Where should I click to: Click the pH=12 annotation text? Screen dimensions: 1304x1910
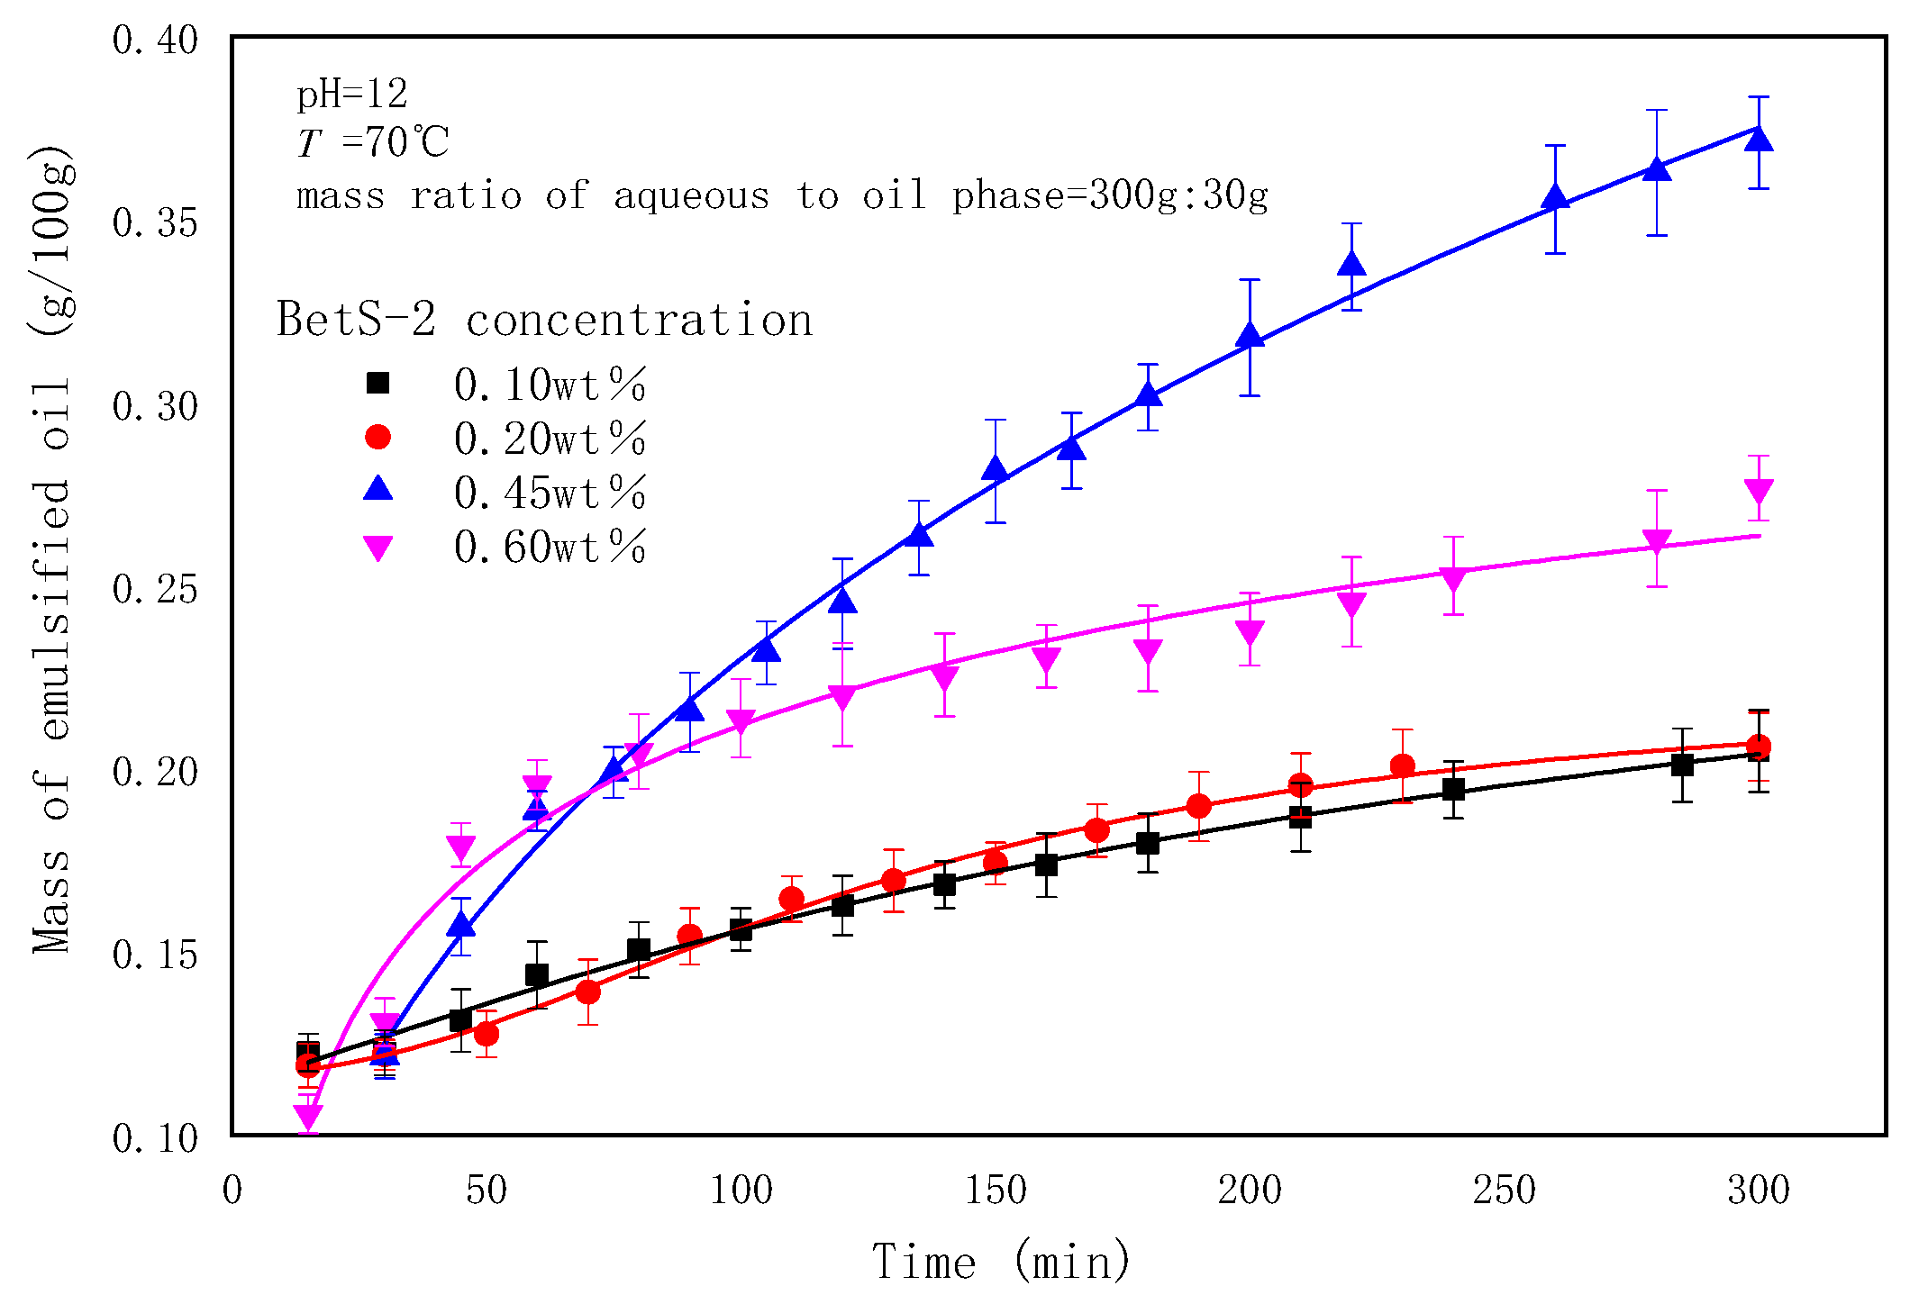click(352, 94)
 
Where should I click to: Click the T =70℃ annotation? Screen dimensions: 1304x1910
click(373, 142)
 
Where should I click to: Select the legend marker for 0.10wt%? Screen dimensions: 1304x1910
click(377, 383)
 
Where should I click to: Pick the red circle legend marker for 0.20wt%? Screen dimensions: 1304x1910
click(377, 437)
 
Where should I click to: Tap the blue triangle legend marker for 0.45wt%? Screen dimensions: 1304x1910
click(377, 489)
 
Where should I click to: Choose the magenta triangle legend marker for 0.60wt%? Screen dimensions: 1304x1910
click(377, 548)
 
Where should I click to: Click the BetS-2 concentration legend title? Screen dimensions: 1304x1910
click(544, 320)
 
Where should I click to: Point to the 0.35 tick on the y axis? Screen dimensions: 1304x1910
click(155, 223)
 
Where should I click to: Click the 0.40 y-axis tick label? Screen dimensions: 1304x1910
click(155, 41)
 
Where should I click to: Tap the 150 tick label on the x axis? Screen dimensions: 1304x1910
click(995, 1191)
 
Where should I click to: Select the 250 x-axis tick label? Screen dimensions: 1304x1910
click(1504, 1191)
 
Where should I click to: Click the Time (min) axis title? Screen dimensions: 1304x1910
click(1001, 1261)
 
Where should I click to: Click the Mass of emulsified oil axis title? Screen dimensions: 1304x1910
click(52, 549)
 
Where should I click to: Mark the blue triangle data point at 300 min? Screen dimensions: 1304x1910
click(1759, 139)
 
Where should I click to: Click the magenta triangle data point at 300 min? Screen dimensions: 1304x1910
click(1759, 491)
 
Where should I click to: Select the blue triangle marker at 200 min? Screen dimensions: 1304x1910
click(1250, 336)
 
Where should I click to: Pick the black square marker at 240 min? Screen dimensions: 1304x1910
click(1453, 790)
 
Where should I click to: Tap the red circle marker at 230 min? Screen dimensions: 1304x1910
click(1402, 766)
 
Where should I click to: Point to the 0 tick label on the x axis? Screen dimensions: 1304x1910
click(232, 1191)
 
